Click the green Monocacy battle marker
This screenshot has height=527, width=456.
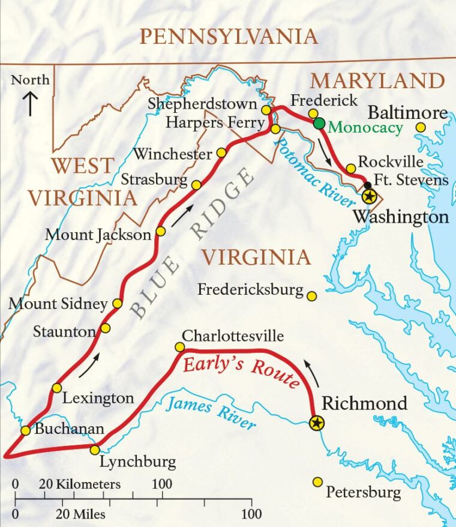319,124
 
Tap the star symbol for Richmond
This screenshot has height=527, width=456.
317,423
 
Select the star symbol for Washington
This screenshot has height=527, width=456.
369,196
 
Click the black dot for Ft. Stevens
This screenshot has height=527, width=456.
367,185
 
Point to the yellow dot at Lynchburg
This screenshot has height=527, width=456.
95,450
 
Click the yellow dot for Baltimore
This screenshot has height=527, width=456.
421,127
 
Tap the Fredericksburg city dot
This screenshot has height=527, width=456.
311,296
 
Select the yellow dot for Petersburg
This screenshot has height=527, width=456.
318,482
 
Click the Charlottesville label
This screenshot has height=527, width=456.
233,336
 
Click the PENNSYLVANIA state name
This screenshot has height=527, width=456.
228,37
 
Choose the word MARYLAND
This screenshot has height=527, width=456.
377,80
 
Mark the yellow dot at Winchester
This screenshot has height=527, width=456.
221,153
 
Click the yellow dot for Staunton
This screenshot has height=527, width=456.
106,328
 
